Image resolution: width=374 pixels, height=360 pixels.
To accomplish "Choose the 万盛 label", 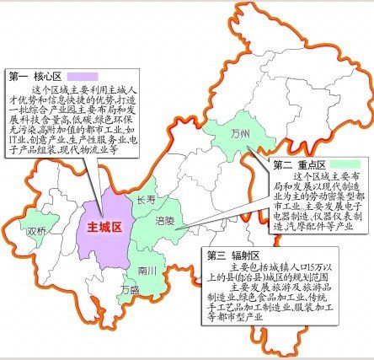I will point(129,291).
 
